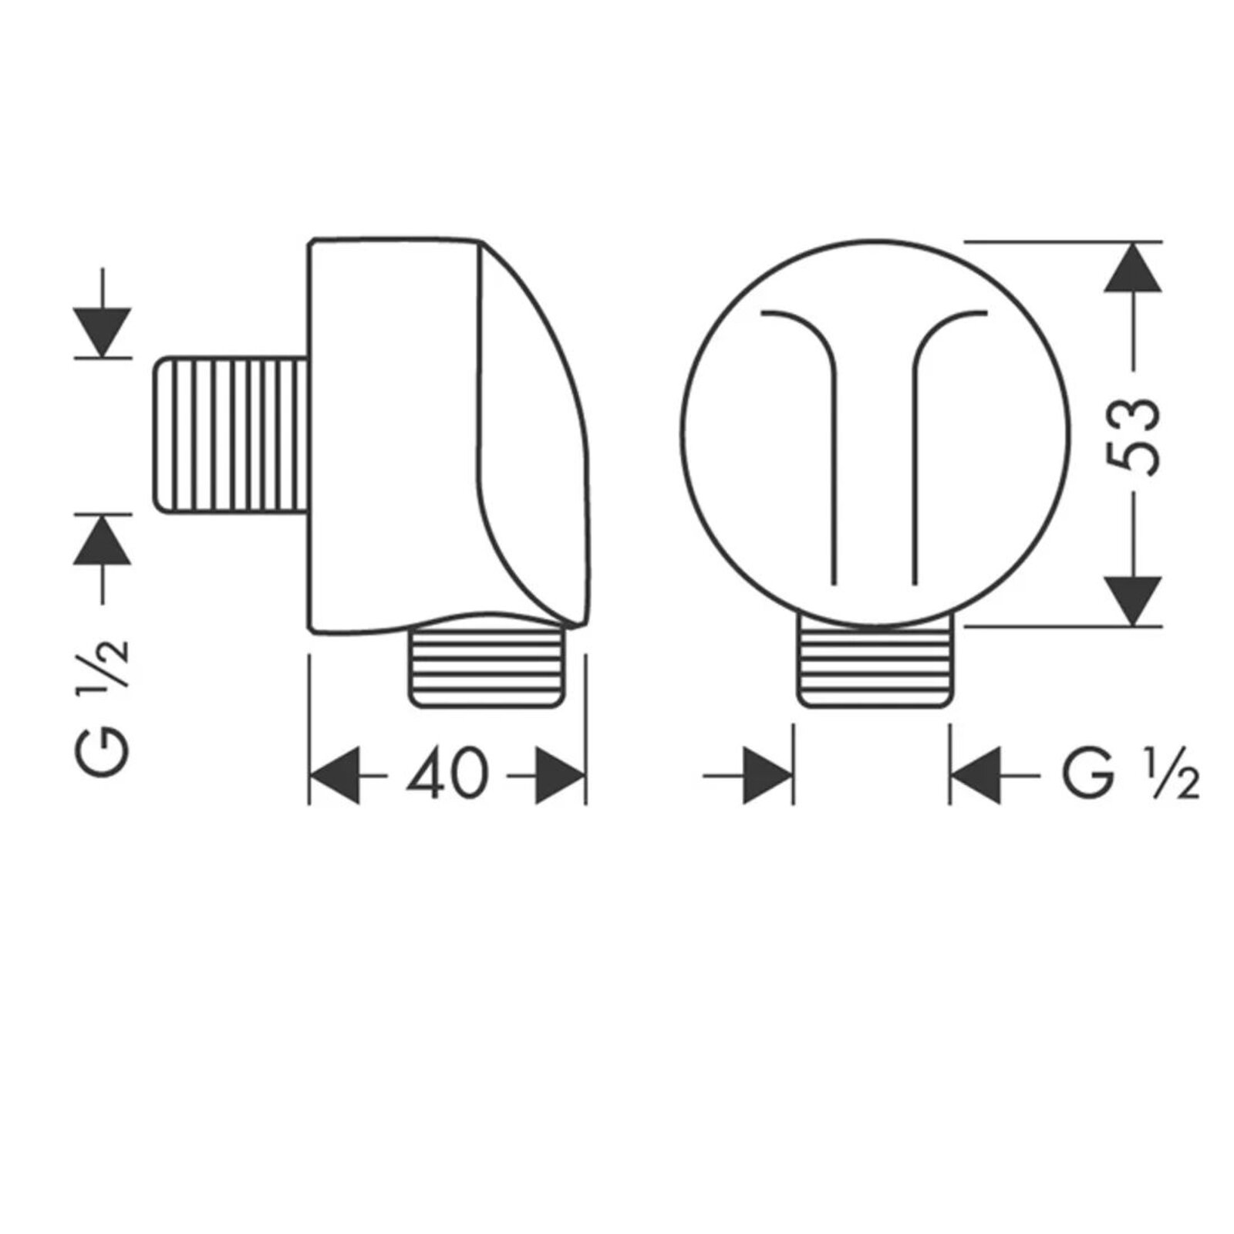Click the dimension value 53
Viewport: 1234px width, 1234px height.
1131,437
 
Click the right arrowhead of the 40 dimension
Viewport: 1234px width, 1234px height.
561,774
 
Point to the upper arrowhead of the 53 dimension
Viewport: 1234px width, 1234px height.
1132,267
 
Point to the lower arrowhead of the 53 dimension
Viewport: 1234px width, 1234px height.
1132,601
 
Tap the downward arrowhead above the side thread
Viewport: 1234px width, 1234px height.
103,332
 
